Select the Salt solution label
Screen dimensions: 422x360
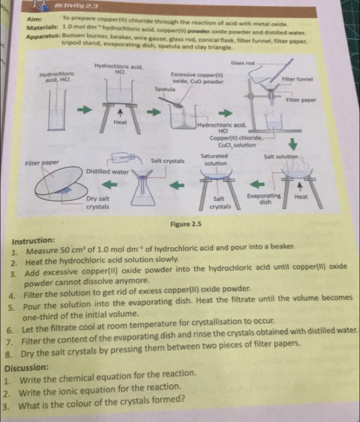[x=283, y=156]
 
